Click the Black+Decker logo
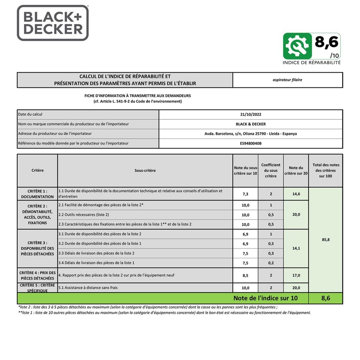click(53, 23)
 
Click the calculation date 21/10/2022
click(250, 114)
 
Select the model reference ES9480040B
click(250, 143)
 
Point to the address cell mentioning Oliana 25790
click(250, 134)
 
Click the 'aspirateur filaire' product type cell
click(287, 80)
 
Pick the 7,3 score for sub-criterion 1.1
click(245, 194)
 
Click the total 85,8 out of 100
click(325, 240)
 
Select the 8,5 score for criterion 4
click(245, 275)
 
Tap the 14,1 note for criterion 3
click(296, 248)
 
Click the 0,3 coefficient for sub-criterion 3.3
click(271, 253)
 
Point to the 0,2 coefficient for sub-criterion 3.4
click(271, 263)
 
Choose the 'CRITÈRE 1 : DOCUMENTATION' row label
click(37, 194)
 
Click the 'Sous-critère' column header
click(145, 170)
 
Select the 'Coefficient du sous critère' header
click(271, 170)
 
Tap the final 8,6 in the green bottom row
click(325, 298)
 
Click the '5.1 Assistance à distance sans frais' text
click(88, 288)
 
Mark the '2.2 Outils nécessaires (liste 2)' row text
click(84, 215)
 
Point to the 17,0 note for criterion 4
click(296, 275)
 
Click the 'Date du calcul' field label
click(30, 114)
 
